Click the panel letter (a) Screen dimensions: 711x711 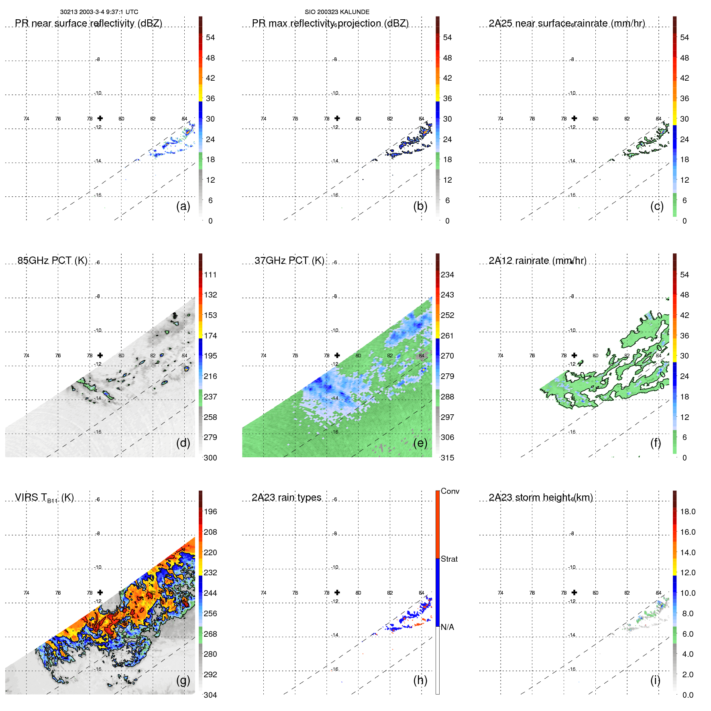(x=183, y=206)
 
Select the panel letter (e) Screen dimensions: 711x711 (x=420, y=443)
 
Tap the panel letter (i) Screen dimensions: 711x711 (x=655, y=680)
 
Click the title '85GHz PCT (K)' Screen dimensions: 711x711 (x=52, y=261)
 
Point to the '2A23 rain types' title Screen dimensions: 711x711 (x=286, y=497)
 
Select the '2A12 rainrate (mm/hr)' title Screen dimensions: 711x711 (x=537, y=261)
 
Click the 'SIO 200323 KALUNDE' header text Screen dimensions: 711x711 (x=337, y=12)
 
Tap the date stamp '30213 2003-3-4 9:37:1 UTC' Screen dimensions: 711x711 (x=99, y=12)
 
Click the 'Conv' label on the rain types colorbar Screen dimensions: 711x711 (x=450, y=491)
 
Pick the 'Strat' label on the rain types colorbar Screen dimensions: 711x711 (x=449, y=559)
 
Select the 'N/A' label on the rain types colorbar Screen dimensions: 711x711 (x=447, y=627)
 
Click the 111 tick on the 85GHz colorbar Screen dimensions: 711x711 (x=210, y=275)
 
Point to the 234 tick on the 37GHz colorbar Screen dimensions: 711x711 (x=447, y=275)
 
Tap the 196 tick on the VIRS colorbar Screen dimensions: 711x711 (x=210, y=511)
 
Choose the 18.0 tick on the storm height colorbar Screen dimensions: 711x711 (x=688, y=511)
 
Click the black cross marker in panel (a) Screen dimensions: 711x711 (x=100, y=118)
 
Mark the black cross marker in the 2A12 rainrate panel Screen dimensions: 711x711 (x=574, y=355)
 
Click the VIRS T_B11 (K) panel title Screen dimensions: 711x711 (x=44, y=498)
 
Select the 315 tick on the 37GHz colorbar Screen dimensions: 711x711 (x=447, y=458)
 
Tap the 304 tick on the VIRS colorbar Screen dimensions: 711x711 (x=210, y=695)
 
